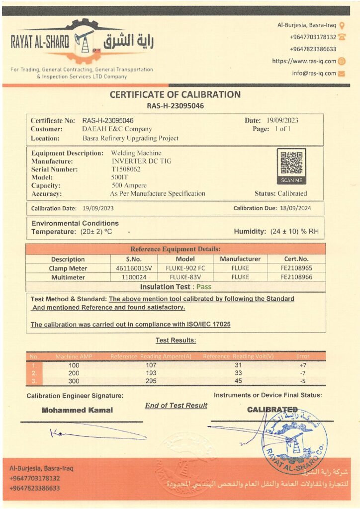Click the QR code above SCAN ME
291,162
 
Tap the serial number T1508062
126,169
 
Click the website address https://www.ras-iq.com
304,61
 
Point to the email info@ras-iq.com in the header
314,73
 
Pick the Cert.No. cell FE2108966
296,277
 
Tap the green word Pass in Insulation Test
203,287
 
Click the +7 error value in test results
302,365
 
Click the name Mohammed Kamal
77,410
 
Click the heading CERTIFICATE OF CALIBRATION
175,94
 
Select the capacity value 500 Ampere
129,185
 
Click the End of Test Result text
176,406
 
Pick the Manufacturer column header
240,259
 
